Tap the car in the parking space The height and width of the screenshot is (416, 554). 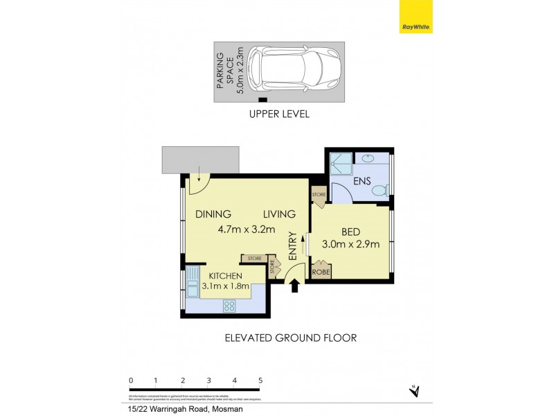click(x=294, y=70)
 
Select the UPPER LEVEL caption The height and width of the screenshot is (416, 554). click(x=278, y=114)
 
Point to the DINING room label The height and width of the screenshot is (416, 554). click(x=213, y=214)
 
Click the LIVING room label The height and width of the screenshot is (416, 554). click(x=279, y=214)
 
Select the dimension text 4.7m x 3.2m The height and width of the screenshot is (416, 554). click(x=247, y=229)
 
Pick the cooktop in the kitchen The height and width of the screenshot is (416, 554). click(x=229, y=306)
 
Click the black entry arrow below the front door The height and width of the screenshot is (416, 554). click(x=294, y=285)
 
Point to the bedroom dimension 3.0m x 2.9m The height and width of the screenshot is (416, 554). click(x=350, y=244)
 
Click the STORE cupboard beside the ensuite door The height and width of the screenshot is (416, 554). click(x=319, y=195)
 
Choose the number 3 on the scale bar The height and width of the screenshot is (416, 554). click(x=208, y=380)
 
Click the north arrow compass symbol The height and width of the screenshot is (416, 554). click(x=415, y=391)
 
